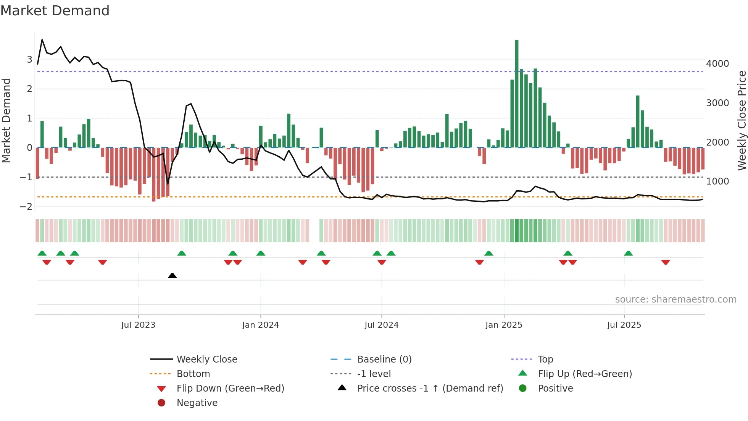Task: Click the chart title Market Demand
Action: click(55, 11)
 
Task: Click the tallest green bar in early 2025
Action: click(517, 94)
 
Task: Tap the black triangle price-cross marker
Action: click(172, 275)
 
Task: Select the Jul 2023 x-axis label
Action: click(138, 325)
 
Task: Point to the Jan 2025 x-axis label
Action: click(504, 325)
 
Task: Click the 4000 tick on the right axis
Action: click(717, 64)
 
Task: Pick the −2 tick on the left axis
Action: click(26, 207)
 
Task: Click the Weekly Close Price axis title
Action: click(742, 120)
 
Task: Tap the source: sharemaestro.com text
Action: click(675, 300)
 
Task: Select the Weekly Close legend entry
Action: click(207, 359)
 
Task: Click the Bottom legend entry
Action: click(193, 374)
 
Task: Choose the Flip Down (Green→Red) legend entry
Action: click(230, 389)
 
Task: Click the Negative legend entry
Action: click(197, 403)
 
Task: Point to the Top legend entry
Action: click(545, 359)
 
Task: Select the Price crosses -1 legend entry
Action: click(430, 389)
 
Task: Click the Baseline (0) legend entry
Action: click(384, 359)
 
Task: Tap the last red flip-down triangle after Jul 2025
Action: click(666, 262)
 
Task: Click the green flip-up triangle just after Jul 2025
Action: click(629, 253)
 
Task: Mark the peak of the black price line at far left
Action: click(42, 40)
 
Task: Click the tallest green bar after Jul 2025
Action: click(638, 121)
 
